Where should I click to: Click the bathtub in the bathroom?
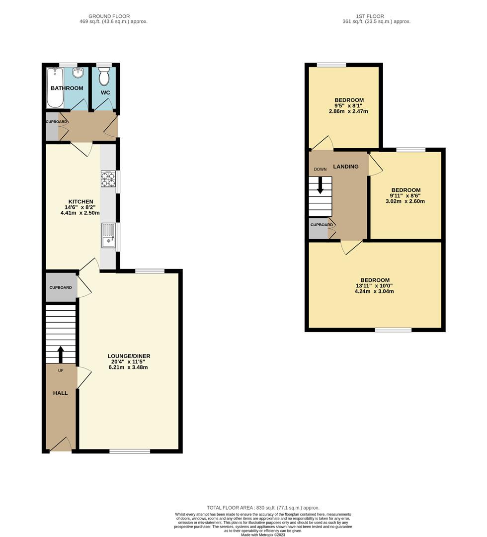click(54, 88)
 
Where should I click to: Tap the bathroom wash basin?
click(78, 74)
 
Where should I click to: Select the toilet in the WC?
click(104, 77)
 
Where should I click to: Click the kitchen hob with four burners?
click(108, 179)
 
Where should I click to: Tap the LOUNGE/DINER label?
click(129, 356)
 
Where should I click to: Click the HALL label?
click(61, 393)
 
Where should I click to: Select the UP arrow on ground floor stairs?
click(61, 354)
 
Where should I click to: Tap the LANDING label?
click(345, 167)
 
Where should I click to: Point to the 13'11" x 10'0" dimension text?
click(375, 286)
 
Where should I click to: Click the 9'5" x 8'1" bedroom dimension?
click(348, 106)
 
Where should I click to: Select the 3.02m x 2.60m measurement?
click(406, 202)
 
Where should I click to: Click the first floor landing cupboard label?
click(322, 225)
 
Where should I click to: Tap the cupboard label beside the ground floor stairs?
click(61, 287)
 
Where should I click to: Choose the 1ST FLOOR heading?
click(370, 16)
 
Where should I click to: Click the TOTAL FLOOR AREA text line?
click(263, 508)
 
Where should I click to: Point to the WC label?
click(105, 93)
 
